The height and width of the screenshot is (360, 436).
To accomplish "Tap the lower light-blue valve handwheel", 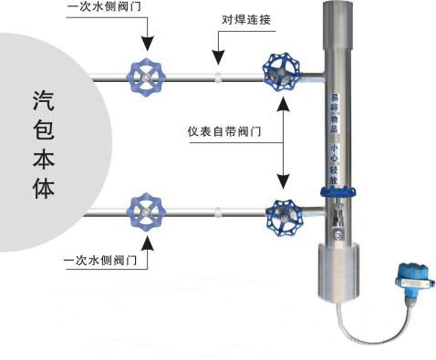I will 144,211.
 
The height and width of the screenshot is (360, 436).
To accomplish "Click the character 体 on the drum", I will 41,190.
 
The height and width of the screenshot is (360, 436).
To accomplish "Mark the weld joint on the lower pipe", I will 217,215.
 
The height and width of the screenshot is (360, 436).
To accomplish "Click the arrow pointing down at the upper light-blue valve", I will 144,36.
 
